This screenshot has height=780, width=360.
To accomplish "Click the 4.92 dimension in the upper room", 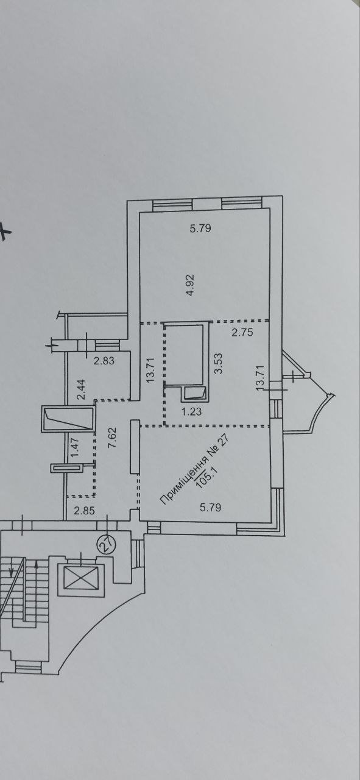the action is (x=190, y=285).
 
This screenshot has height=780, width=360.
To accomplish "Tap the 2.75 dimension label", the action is (x=242, y=333).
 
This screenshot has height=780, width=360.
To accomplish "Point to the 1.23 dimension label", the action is (x=191, y=411).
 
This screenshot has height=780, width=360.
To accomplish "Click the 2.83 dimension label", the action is (x=104, y=360).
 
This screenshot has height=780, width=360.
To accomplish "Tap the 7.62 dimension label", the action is (x=112, y=438).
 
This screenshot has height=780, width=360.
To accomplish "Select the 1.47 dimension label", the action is (x=75, y=447).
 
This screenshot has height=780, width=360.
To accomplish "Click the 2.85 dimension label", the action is (x=84, y=511).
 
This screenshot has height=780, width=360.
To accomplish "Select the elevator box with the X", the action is (x=81, y=578).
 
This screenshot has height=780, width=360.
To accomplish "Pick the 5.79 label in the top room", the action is (x=200, y=229).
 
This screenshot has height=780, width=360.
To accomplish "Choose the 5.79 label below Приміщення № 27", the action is (x=210, y=508).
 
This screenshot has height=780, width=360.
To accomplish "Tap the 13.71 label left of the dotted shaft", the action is (x=150, y=370).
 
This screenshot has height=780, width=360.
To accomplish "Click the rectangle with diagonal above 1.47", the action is (x=68, y=419).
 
